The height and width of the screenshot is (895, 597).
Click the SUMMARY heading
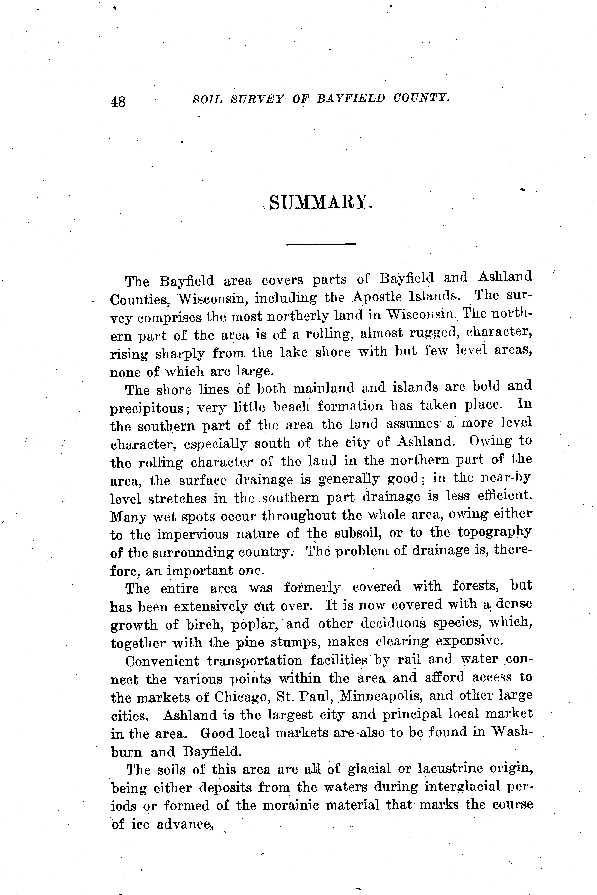click(320, 202)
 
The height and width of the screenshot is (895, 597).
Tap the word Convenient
click(162, 661)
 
